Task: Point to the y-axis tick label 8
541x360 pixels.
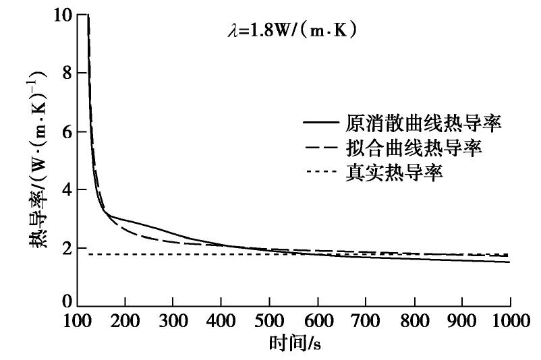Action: pyautogui.click(x=65, y=73)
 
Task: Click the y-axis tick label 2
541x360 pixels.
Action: pyautogui.click(x=65, y=248)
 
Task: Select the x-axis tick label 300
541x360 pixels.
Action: pyautogui.click(x=173, y=320)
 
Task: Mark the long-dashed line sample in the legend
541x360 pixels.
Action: pyautogui.click(x=321, y=148)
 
